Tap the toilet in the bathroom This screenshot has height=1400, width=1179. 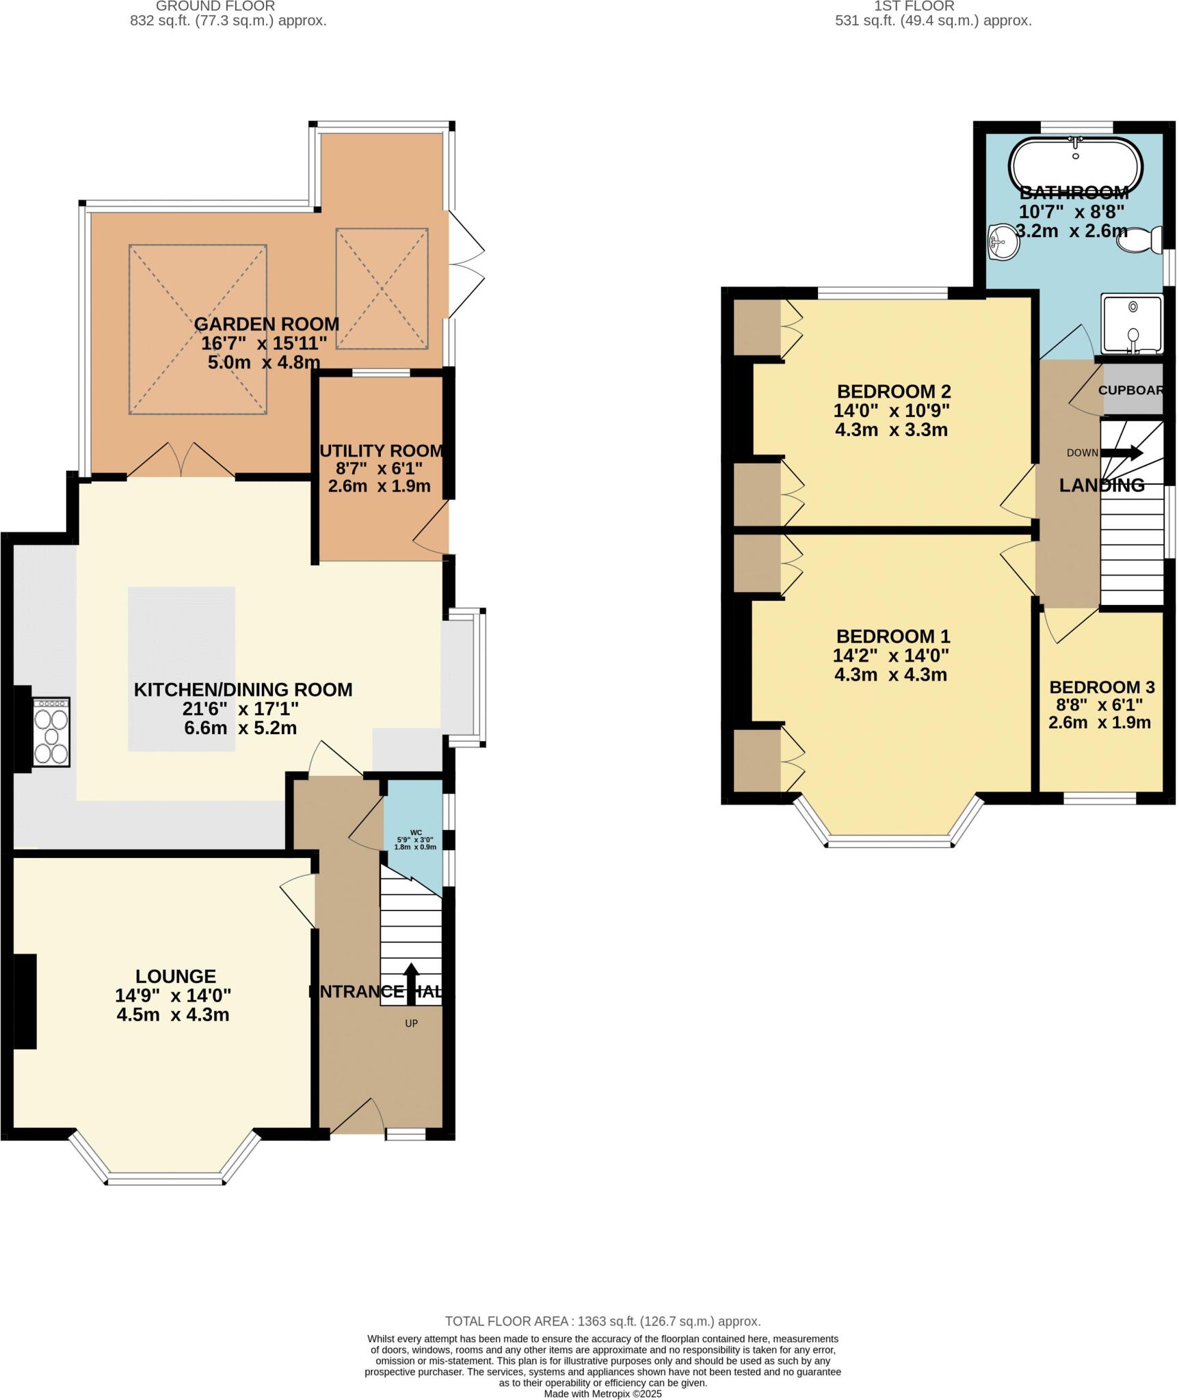click(x=1141, y=239)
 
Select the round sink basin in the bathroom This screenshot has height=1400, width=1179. click(x=1003, y=242)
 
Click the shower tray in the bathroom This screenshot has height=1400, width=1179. click(x=1132, y=323)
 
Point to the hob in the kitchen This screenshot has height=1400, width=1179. click(x=51, y=731)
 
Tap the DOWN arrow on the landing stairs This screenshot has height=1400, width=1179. click(x=1126, y=452)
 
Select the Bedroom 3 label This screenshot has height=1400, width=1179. click(x=1101, y=687)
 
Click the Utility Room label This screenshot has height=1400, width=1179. click(x=382, y=450)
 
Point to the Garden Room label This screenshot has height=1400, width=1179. click(x=266, y=323)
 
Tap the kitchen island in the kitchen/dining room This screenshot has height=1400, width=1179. click(x=181, y=668)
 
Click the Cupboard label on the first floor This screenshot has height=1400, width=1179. click(x=1130, y=390)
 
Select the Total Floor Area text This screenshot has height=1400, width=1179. click(x=602, y=1321)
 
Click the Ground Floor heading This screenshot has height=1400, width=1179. click(x=215, y=6)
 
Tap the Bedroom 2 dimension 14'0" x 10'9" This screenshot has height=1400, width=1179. click(x=891, y=411)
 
